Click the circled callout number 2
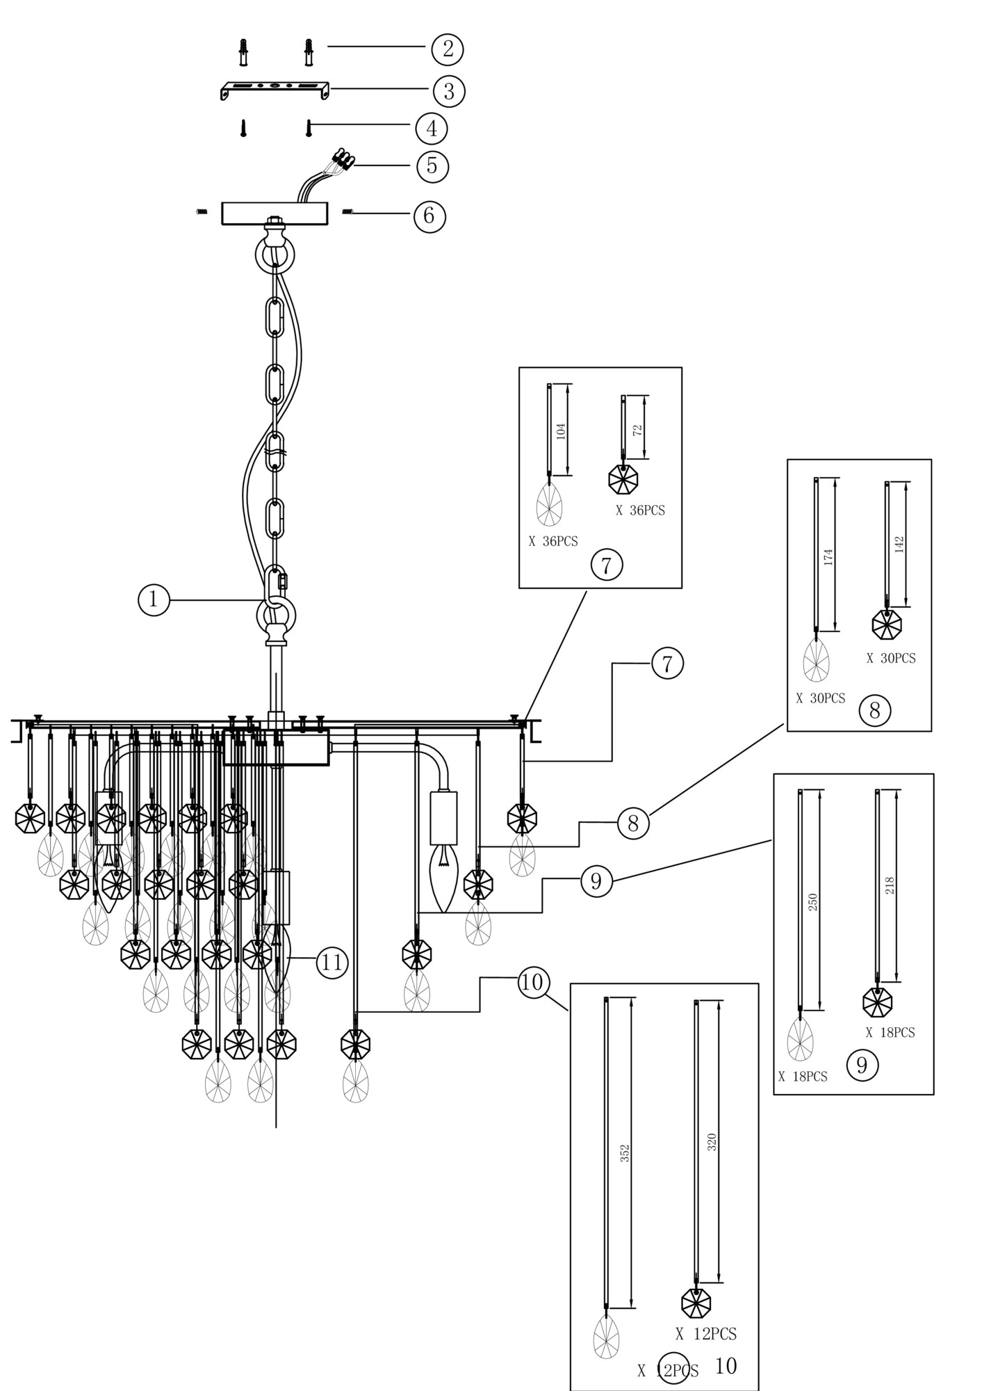click(x=447, y=49)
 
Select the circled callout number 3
click(x=449, y=90)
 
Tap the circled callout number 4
click(x=432, y=129)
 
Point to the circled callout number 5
click(x=432, y=166)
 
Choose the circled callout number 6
click(x=429, y=216)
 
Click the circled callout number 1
click(x=154, y=600)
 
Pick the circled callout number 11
click(x=332, y=963)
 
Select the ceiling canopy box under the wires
click(x=275, y=214)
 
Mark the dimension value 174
click(x=828, y=556)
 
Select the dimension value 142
click(x=899, y=544)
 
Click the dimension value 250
click(x=813, y=902)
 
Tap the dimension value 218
click(x=890, y=885)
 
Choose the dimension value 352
click(x=624, y=1153)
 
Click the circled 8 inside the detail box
click(x=874, y=710)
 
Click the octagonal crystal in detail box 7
click(x=623, y=479)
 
